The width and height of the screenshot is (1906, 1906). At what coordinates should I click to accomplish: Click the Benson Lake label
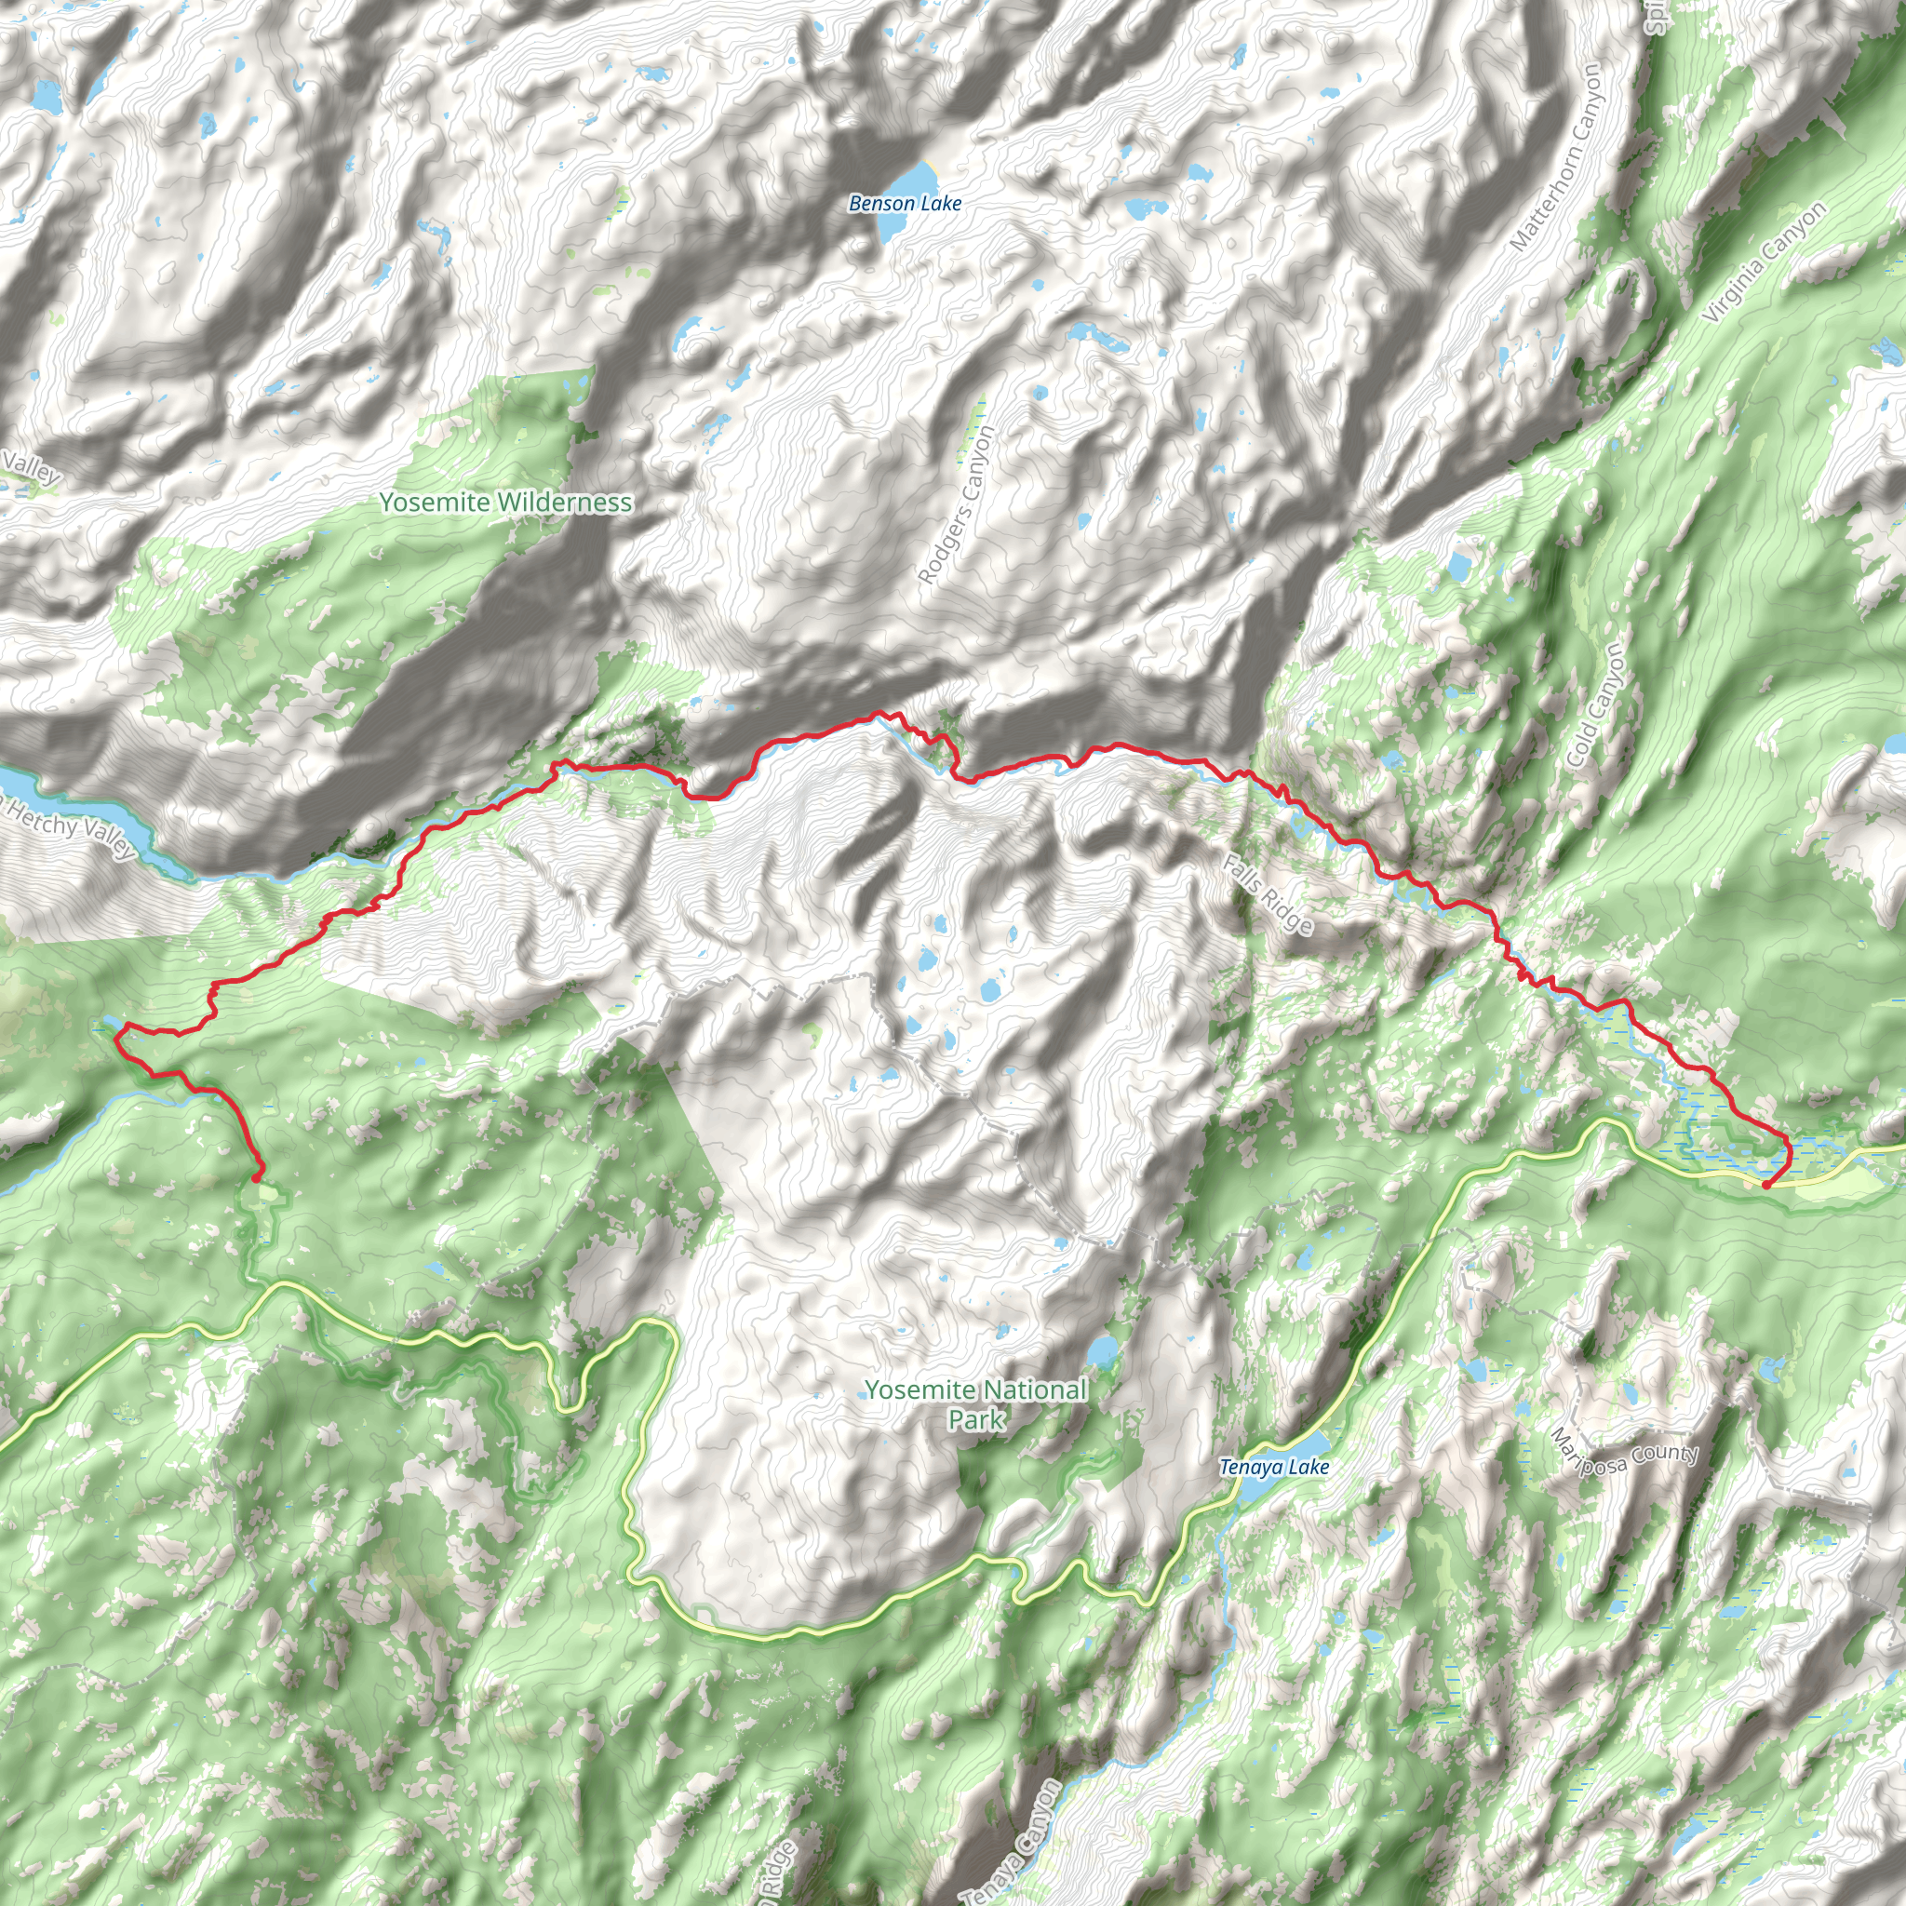point(905,203)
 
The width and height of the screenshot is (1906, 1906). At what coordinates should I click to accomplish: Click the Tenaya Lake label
point(1274,1467)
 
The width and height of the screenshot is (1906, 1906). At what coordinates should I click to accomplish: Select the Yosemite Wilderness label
point(506,503)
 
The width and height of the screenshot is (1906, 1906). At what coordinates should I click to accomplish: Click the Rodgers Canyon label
point(957,504)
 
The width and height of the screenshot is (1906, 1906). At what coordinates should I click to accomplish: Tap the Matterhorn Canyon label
point(1558,157)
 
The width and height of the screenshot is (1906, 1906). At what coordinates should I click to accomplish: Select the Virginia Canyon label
point(1765,262)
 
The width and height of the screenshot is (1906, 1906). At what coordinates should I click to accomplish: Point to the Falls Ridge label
point(1268,893)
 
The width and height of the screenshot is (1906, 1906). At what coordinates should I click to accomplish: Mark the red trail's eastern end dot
point(1765,1184)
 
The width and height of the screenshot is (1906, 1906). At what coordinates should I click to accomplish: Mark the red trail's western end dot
point(258,1177)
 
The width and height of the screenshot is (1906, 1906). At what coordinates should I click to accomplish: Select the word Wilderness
point(565,503)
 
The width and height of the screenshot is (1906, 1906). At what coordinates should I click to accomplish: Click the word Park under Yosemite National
point(975,1419)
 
